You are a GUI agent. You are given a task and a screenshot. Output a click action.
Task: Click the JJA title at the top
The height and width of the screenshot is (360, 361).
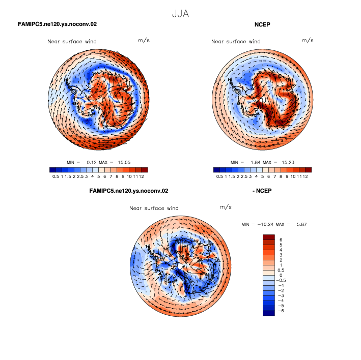click(x=180, y=14)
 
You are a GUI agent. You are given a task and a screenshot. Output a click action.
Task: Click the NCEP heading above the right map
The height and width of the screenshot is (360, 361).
click(x=262, y=24)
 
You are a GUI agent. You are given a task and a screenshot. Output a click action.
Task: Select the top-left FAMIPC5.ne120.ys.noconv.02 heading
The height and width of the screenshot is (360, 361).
click(x=58, y=24)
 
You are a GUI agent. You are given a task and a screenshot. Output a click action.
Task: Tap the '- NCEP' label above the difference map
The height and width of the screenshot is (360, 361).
click(x=262, y=191)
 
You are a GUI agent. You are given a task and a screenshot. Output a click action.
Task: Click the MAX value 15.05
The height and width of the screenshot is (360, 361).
click(x=124, y=163)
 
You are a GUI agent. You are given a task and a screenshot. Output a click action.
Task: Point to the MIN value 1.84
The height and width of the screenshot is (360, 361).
click(x=256, y=163)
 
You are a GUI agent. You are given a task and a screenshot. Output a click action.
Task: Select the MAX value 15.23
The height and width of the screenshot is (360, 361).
click(x=288, y=163)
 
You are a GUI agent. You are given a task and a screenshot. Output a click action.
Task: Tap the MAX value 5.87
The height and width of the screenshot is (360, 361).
click(x=301, y=224)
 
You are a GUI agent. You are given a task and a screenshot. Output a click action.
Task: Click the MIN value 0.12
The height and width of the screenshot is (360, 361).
click(x=92, y=163)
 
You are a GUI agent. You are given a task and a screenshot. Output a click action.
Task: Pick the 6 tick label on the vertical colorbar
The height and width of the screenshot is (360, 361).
click(x=281, y=240)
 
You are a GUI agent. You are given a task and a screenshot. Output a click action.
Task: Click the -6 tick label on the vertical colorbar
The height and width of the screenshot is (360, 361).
click(x=281, y=311)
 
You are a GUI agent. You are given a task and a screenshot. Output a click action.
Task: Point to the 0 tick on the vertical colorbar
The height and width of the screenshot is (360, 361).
click(x=281, y=275)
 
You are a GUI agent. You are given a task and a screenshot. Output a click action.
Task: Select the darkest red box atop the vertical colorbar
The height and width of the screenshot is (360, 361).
click(x=269, y=237)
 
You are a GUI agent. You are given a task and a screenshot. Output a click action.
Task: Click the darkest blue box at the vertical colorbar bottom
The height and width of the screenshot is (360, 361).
click(x=269, y=313)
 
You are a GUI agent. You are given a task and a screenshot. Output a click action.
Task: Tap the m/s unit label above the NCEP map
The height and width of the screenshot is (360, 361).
click(x=308, y=41)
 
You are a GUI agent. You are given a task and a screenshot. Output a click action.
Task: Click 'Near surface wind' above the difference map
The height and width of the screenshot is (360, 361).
click(x=154, y=208)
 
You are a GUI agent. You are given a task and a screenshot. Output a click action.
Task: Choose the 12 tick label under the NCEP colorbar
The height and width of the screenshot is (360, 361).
click(x=306, y=176)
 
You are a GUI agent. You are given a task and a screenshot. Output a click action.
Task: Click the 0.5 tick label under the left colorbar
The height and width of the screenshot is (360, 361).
click(x=55, y=176)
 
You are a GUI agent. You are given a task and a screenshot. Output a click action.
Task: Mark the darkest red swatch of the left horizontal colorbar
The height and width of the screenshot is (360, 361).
click(x=145, y=170)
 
